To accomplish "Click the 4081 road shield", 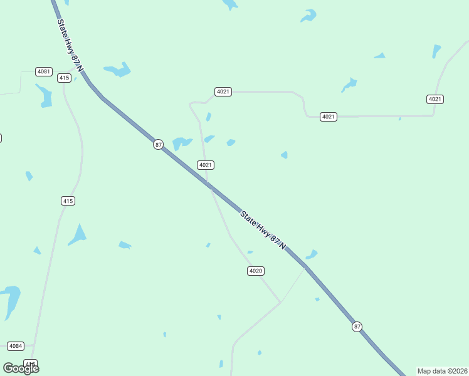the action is pos(43,71).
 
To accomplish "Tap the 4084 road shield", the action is pos(16,346).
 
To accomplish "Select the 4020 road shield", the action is pos(255,271).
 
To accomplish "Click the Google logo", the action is pos(21,368).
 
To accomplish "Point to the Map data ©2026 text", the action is pos(442,371).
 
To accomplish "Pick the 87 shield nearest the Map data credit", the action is pos(357,326).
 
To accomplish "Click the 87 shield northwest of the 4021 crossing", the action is pos(158,144).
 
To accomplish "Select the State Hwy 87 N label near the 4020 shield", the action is pos(263,230).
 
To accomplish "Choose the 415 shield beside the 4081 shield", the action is pos(64,78).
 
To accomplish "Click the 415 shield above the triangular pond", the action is pos(68,201).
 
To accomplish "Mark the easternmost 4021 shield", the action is pos(435,99).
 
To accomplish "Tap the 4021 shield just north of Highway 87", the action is pos(206,165).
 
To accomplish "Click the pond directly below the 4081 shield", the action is pos(44,95).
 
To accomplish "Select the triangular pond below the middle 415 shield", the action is pos(78,235).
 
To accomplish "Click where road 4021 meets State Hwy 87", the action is pos(209,186).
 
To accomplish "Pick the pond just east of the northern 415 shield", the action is pos(117,70).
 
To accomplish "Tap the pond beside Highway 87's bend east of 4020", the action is pos(311,254).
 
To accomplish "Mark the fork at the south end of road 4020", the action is pos(280,302).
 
